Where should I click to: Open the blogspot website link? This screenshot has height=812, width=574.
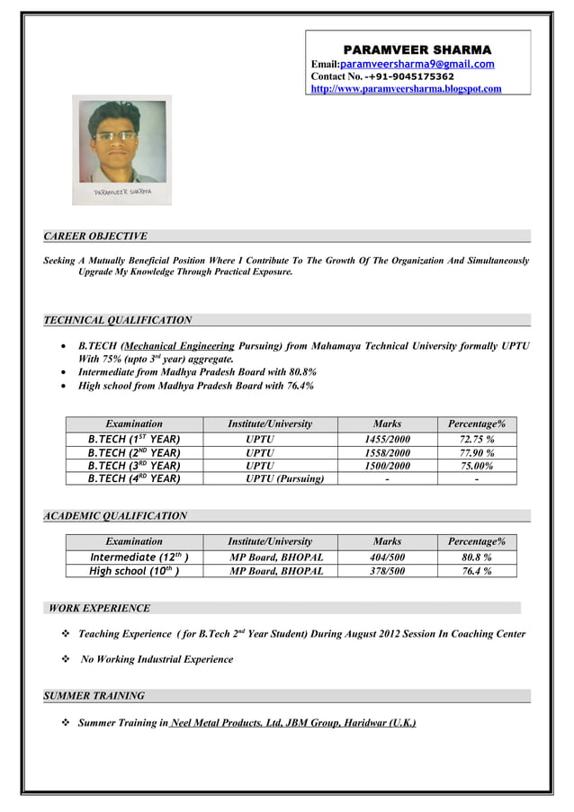point(406,89)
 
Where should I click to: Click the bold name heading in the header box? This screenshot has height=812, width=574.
point(417,49)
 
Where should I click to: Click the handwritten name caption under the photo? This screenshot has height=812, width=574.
point(123,192)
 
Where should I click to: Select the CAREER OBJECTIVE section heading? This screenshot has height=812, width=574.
point(95,236)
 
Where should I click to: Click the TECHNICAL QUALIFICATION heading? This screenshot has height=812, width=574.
point(118,319)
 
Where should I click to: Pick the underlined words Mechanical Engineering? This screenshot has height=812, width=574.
point(180,345)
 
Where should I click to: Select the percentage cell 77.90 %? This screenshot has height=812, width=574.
point(476,452)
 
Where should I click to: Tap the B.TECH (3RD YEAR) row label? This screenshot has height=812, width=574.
point(134,466)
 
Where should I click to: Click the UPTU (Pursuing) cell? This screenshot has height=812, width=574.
point(284,479)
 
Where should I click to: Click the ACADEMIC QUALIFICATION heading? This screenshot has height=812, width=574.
point(115,516)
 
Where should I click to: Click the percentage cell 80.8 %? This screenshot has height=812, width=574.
point(476,558)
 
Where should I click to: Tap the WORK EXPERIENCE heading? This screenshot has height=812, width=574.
point(100,608)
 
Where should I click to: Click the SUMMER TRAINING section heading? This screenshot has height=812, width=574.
point(94,696)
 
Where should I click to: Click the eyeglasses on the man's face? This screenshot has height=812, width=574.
point(116,136)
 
